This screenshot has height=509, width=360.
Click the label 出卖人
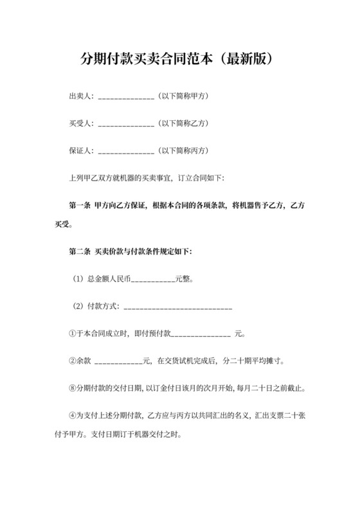pos(79,96)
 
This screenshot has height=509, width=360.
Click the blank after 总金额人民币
pos(152,281)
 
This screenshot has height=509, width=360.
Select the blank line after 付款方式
pos(177,308)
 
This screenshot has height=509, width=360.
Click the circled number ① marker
pos(72,334)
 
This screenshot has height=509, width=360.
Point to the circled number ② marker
pos(72,361)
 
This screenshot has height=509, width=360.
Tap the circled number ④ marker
pos(72,415)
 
